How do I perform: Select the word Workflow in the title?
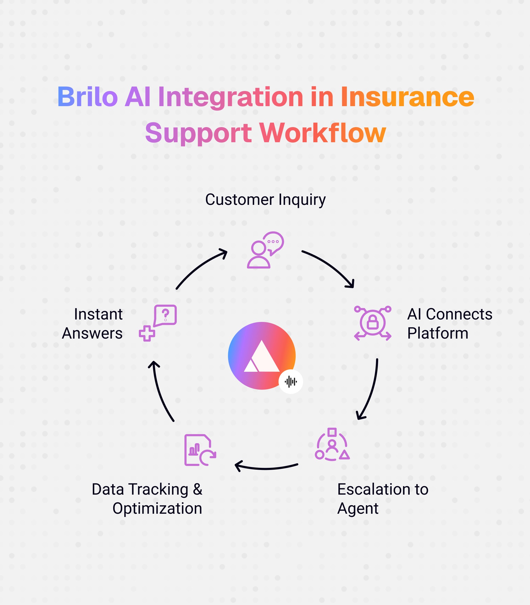coord(323,133)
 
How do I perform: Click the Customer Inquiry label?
coord(265,200)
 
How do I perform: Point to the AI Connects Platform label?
coord(449,323)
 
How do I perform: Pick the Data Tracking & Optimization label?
coord(147,499)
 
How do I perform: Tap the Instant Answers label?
coord(92,323)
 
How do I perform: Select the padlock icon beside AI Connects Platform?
coord(372,323)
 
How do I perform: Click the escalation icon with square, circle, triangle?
coord(332,444)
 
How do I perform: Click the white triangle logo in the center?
coord(262,356)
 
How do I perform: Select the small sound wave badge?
coord(290,382)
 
